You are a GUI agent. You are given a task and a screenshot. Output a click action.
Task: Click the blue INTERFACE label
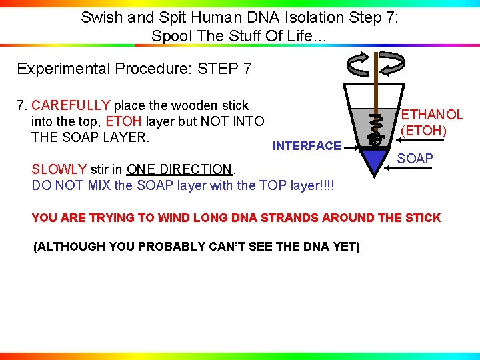(307, 145)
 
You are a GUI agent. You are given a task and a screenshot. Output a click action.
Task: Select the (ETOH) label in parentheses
(423, 130)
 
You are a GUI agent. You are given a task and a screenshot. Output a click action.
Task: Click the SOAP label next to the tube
(415, 159)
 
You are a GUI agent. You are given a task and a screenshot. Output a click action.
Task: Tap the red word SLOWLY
(59, 169)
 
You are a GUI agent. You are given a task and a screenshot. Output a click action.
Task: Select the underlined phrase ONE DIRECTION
(179, 169)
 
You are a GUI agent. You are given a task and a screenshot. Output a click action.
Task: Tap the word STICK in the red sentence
(423, 217)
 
